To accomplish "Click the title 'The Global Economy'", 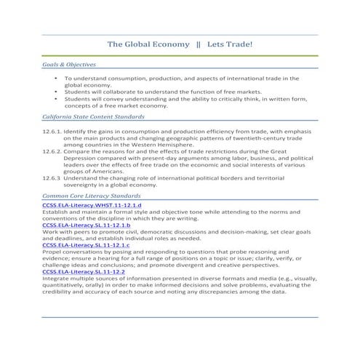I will tap(148, 44).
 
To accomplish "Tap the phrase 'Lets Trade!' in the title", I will tap(229, 44).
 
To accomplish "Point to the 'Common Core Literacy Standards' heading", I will tap(90, 196).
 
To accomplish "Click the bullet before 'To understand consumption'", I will tap(56, 78).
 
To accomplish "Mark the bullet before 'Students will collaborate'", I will tap(56, 92).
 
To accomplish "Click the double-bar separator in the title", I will tap(199, 44).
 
